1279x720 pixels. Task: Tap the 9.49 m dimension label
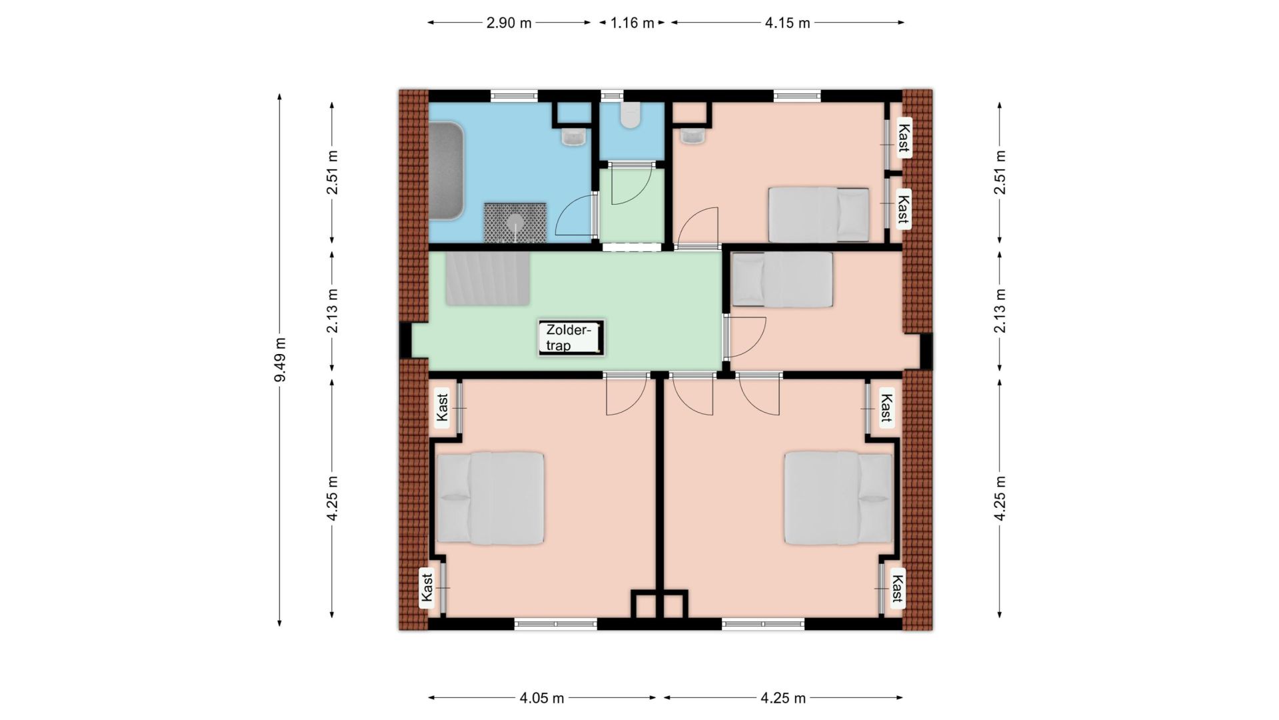pyautogui.click(x=281, y=360)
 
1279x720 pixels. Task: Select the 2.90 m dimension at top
pyautogui.click(x=509, y=23)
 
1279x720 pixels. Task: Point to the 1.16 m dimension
pyautogui.click(x=632, y=23)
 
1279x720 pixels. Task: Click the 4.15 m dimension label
pyautogui.click(x=787, y=23)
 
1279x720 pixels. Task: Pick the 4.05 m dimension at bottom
pyautogui.click(x=542, y=698)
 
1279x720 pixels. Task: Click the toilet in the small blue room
pyautogui.click(x=631, y=115)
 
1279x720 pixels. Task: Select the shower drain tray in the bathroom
pyautogui.click(x=515, y=222)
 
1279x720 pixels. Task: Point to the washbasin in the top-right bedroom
pyautogui.click(x=692, y=135)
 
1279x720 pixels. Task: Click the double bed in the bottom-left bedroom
pyautogui.click(x=490, y=499)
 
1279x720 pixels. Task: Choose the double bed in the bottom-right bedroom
pyautogui.click(x=838, y=498)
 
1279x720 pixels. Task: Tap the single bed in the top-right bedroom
pyautogui.click(x=819, y=214)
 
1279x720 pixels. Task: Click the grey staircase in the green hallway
pyautogui.click(x=488, y=278)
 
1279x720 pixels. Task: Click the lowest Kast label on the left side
pyautogui.click(x=427, y=587)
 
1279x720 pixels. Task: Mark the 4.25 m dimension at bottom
pyautogui.click(x=783, y=698)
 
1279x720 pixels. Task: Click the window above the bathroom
pyautogui.click(x=514, y=96)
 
